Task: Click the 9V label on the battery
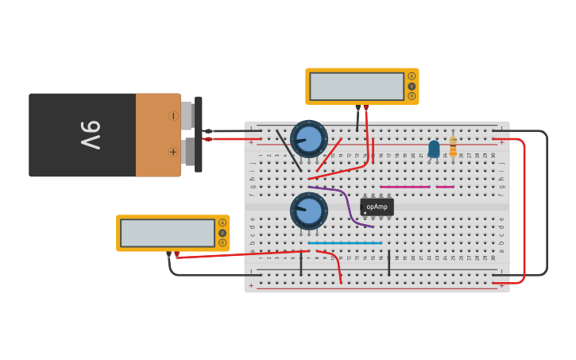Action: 89,135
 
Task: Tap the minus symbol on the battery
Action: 172,116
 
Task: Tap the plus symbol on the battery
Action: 172,151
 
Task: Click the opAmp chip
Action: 377,207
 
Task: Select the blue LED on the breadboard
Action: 434,149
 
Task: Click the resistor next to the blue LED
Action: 453,146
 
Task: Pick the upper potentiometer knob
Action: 309,138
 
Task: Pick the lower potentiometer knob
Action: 309,211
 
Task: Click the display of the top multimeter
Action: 357,86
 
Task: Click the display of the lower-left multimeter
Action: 167,233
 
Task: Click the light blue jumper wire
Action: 345,243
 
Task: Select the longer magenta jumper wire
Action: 404,188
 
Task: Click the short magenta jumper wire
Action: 445,188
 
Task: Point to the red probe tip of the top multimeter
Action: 365,106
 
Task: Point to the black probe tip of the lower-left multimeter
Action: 169,254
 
